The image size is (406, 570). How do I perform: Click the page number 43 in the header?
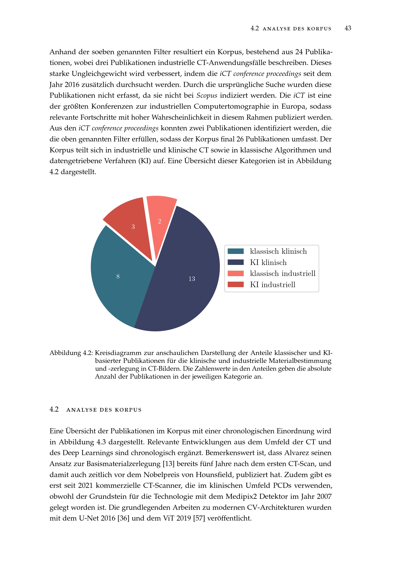348,28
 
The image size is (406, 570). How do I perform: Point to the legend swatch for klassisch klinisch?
236,251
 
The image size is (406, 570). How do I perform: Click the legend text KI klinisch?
268,263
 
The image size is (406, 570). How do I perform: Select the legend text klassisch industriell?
283,274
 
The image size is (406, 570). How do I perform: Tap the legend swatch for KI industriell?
236,285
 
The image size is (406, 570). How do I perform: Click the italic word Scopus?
207,96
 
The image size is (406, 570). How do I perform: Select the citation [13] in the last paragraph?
169,464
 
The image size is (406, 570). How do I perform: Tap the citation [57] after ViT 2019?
199,518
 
